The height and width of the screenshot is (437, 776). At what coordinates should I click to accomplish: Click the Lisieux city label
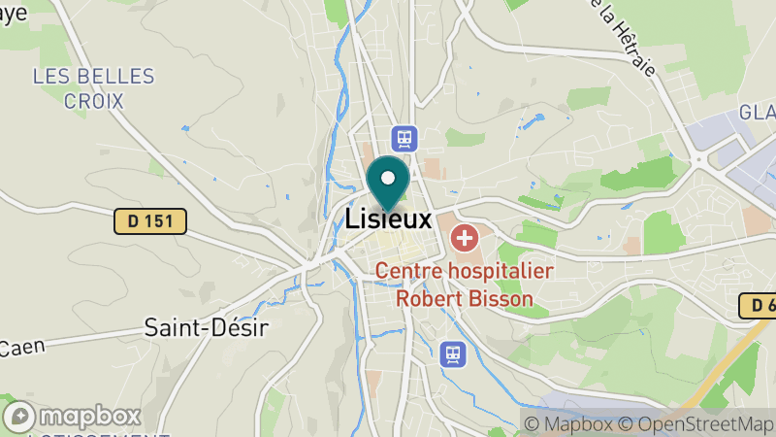coord(388,219)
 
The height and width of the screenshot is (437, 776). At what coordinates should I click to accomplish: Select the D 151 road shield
coord(150,221)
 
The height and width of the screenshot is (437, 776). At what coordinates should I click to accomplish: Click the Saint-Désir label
coord(206,326)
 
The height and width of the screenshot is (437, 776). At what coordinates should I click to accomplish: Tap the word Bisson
coord(500,299)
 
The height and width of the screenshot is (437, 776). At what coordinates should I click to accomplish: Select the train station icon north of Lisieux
coord(404,138)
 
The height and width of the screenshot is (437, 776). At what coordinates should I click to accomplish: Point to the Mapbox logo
coord(74,417)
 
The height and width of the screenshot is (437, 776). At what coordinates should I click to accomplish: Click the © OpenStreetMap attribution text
coord(697,424)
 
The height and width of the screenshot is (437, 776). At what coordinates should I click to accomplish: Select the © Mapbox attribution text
coord(569,424)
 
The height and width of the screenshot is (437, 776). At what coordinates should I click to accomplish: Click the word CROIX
coord(93,100)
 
